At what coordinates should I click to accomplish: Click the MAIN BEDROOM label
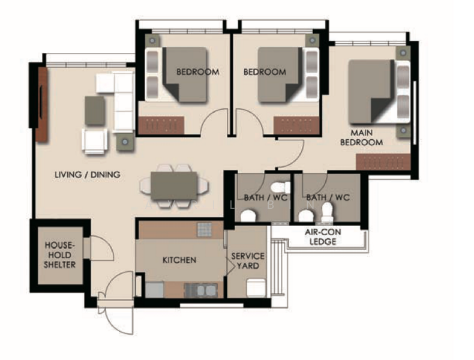pos(362,137)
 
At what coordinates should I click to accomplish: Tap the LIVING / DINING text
pos(88,175)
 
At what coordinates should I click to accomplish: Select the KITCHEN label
pos(179,260)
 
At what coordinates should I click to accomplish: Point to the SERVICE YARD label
pos(248,261)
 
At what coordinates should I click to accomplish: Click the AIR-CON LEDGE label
pos(323,236)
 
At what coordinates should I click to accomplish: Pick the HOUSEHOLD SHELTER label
pos(59,255)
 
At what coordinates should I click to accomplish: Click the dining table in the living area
pos(174,186)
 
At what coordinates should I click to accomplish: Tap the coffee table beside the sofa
pos(95,110)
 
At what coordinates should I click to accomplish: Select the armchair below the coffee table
pos(94,141)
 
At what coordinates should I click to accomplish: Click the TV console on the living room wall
pos(43,104)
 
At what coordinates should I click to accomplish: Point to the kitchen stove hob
pos(205,230)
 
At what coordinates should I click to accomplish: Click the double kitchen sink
pos(201,290)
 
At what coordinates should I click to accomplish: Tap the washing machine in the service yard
pos(256,288)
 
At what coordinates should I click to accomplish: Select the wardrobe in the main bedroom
pos(383,162)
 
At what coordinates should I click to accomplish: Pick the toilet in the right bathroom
pos(327,212)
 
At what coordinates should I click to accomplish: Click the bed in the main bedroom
pos(379,92)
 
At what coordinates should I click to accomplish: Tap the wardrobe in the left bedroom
pos(161,125)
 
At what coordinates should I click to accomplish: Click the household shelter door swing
pos(102,248)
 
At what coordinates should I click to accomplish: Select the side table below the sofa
pos(125,142)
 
